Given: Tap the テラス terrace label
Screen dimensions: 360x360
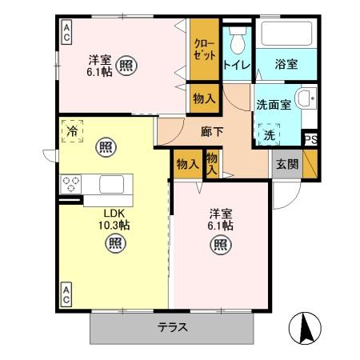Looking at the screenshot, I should (172, 326).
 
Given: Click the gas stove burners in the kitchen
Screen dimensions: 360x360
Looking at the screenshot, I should (70, 184).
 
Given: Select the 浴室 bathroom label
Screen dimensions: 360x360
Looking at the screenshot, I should (287, 63).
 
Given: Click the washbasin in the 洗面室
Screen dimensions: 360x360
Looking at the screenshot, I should (305, 100).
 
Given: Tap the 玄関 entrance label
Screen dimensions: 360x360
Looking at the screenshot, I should (287, 164).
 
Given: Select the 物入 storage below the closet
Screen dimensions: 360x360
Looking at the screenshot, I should (203, 98).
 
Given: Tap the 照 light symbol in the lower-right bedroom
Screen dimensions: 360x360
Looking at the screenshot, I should (219, 246).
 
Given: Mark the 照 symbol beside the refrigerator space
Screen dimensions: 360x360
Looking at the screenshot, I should (105, 146).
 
